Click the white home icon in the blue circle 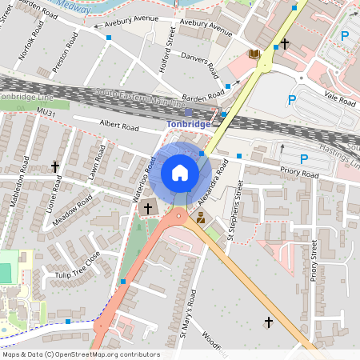click(x=180, y=172)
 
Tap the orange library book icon click(x=254, y=54)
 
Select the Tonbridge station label click(x=189, y=124)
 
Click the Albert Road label click(x=118, y=127)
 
